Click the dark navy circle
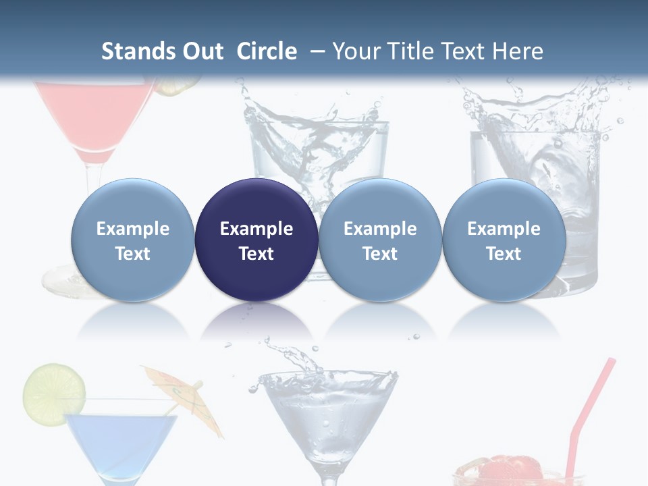point(256,240)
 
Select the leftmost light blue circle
point(132,240)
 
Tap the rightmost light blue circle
point(504,240)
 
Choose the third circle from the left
point(380,240)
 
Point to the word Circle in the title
point(267,51)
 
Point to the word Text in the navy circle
point(256,254)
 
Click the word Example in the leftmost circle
point(132,229)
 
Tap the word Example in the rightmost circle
point(504,229)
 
